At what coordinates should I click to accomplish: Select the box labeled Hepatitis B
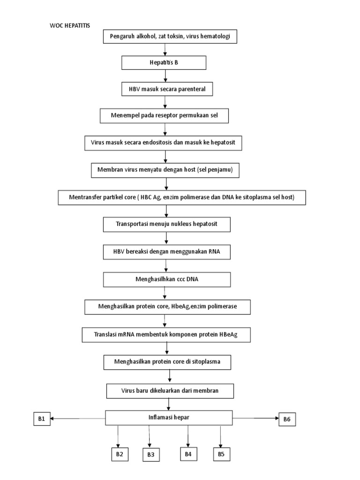(x=164, y=62)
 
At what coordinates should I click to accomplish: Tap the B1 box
(x=42, y=419)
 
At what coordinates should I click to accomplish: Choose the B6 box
(x=287, y=420)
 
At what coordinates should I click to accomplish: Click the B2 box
(x=119, y=454)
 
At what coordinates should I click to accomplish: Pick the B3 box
(x=151, y=455)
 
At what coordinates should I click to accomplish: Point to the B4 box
(x=188, y=453)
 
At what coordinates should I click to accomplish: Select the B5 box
(x=221, y=454)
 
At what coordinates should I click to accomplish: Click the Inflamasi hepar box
(x=169, y=417)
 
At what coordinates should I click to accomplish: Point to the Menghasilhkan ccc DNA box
(x=167, y=280)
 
